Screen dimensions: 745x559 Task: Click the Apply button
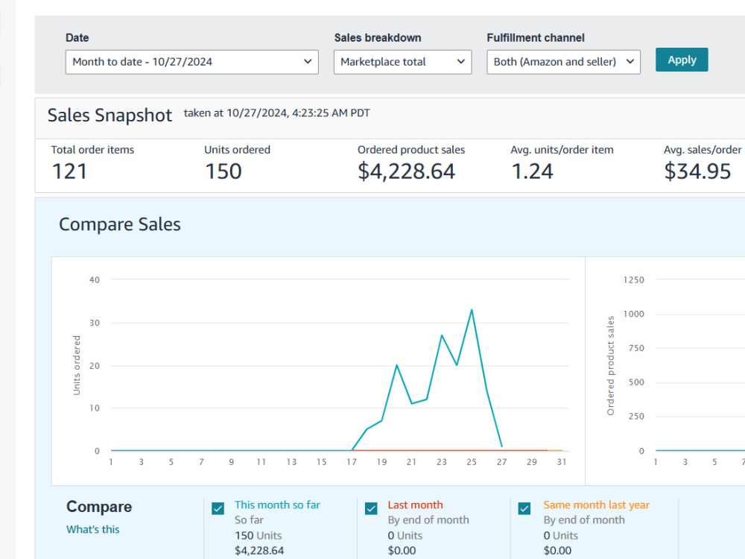click(682, 60)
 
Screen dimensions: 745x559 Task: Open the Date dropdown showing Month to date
click(192, 63)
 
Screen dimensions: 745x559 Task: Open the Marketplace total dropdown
click(402, 63)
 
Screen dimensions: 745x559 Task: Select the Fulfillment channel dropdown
click(563, 63)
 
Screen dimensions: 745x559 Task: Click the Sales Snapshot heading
click(110, 116)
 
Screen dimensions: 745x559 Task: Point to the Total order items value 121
click(69, 171)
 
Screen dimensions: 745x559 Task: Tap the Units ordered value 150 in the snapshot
click(223, 171)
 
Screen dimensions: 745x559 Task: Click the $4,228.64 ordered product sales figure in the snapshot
click(406, 171)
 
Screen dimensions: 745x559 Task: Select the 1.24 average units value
click(532, 171)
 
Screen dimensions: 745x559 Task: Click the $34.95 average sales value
click(697, 171)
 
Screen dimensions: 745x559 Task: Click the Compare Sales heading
click(120, 224)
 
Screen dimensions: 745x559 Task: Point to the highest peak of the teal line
click(472, 310)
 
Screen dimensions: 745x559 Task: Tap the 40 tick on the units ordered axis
click(95, 280)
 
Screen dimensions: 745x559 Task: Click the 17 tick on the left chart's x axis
click(352, 462)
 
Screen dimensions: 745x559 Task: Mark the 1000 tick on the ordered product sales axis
click(634, 314)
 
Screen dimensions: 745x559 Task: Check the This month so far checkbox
click(218, 508)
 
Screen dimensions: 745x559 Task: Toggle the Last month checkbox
click(371, 508)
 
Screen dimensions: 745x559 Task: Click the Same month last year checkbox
click(524, 508)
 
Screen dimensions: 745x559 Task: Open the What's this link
click(93, 529)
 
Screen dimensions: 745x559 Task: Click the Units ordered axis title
click(77, 365)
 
